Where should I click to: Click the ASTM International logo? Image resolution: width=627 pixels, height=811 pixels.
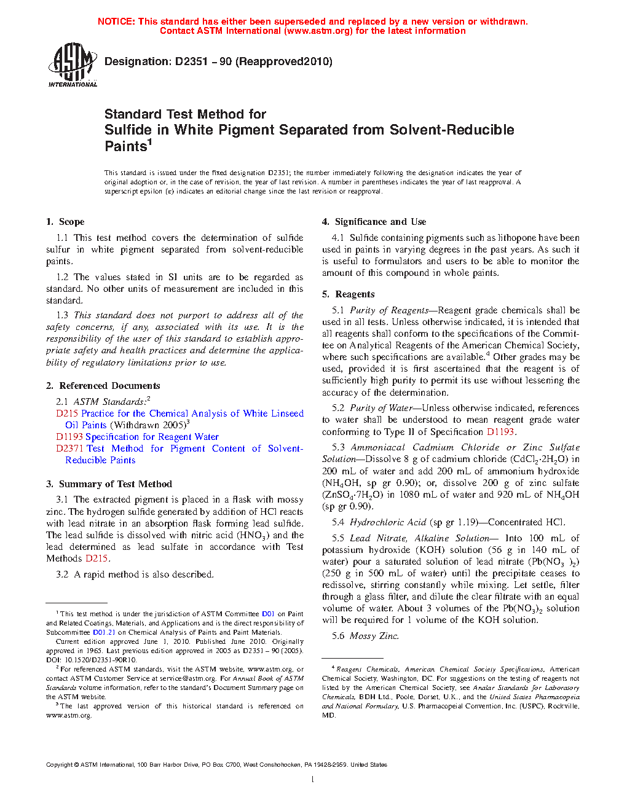72,64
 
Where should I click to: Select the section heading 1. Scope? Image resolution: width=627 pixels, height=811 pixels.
65,222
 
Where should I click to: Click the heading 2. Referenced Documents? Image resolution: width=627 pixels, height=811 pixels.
103,386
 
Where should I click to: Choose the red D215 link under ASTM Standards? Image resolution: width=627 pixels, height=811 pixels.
66,413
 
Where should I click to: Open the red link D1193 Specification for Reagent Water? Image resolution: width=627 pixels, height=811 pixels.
137,437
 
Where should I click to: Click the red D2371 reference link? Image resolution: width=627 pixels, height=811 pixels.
69,449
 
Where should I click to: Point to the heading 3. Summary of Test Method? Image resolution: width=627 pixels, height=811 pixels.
109,484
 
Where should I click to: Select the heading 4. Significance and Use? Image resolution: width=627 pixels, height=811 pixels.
374,222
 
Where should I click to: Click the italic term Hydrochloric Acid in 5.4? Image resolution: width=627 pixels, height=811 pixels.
387,522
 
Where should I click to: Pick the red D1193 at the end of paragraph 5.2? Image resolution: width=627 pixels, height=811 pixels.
500,432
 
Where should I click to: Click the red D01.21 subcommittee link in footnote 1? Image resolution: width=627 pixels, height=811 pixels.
104,632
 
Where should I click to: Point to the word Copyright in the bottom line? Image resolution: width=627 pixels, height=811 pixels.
59,765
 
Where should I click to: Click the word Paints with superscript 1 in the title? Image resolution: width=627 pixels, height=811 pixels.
125,146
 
